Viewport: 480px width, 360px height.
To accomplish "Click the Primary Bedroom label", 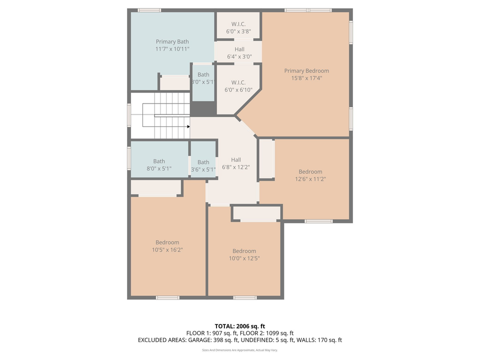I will [306, 71].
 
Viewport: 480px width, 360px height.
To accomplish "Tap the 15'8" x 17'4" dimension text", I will [306, 78].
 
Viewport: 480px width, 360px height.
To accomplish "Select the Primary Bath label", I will [172, 42].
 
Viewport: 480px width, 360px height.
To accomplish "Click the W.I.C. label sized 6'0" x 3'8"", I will [238, 23].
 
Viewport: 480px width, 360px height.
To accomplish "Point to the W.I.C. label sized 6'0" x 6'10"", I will [238, 82].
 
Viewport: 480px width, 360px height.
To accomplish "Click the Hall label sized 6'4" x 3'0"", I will [239, 49].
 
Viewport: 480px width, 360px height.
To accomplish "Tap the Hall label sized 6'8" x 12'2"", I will [235, 160].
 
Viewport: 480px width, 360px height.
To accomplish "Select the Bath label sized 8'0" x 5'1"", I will [159, 161].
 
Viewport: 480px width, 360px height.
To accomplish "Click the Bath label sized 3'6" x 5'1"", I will [203, 162].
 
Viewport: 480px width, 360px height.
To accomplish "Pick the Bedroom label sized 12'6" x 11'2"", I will [310, 172].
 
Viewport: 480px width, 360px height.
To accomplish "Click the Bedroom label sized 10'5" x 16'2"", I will [167, 243].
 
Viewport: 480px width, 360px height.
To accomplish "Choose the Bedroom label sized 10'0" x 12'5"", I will [244, 251].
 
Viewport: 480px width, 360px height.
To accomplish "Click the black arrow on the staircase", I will [188, 126].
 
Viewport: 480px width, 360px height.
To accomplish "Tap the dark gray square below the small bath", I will [203, 108].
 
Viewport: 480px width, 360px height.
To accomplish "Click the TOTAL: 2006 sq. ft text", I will [239, 326].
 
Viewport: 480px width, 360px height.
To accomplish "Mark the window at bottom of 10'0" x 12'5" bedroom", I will [245, 297].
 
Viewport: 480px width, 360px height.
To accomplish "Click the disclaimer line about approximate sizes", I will [239, 350].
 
